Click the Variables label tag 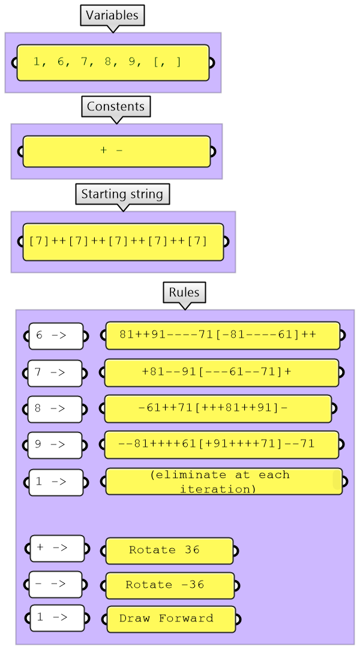click(x=112, y=16)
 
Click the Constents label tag click(x=116, y=107)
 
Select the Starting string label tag click(x=122, y=194)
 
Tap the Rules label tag click(x=184, y=293)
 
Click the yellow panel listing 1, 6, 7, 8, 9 click(x=113, y=62)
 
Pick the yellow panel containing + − click(x=116, y=151)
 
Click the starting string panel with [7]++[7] click(x=123, y=242)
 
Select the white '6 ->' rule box click(x=56, y=336)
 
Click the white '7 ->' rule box click(x=55, y=372)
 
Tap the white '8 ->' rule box click(x=55, y=409)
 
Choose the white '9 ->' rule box click(x=55, y=445)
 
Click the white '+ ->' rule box click(x=57, y=548)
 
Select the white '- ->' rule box click(x=55, y=584)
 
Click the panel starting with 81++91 click(x=223, y=335)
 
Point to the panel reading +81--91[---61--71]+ click(x=221, y=372)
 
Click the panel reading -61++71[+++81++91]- click(x=218, y=408)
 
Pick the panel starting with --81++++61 click(x=221, y=445)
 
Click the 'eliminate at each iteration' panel click(x=224, y=482)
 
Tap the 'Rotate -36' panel click(x=170, y=585)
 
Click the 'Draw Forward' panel click(x=171, y=618)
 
